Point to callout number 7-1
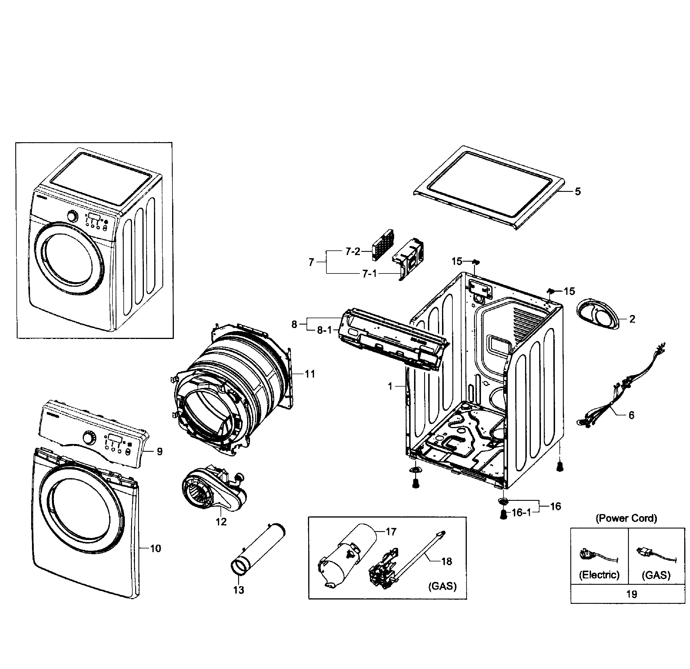coord(370,274)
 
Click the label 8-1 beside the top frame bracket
coord(324,330)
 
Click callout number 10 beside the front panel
coord(156,548)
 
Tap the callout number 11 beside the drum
coord(310,374)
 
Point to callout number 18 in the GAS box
coord(446,562)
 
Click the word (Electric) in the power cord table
coord(599,575)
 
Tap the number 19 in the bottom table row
coord(631,594)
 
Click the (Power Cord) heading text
coord(626,518)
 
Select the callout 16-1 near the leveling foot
coord(521,513)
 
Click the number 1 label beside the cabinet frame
coord(390,387)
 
